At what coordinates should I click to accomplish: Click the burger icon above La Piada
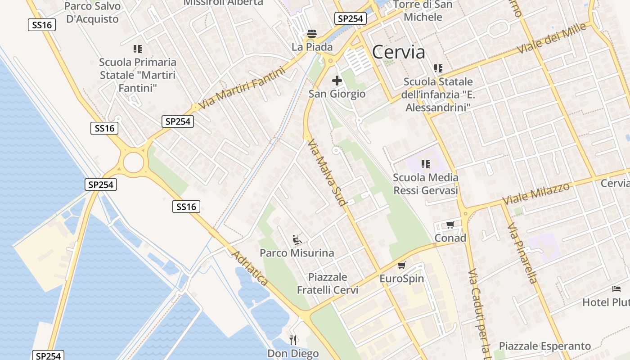point(311,33)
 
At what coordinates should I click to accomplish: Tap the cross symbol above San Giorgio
point(337,81)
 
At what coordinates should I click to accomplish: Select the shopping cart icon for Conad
point(450,225)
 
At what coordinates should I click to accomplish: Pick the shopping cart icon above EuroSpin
point(401,265)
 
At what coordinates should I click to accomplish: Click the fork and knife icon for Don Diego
point(293,340)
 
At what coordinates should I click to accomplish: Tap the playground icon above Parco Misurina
point(297,239)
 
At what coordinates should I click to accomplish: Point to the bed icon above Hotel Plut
point(616,289)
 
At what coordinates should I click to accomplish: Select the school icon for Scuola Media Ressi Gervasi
point(425,164)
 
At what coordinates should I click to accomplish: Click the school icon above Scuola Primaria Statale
point(137,49)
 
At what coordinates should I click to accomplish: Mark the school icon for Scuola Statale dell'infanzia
point(438,68)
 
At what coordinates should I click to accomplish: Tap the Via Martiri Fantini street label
point(242,88)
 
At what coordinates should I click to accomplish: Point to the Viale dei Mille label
point(552,38)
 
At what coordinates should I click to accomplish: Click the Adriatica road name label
point(250,269)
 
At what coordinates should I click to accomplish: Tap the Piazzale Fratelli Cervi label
point(328,283)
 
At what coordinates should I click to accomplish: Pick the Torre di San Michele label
point(423,11)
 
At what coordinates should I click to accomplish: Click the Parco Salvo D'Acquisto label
point(93,13)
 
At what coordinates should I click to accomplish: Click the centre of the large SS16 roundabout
point(133,162)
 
